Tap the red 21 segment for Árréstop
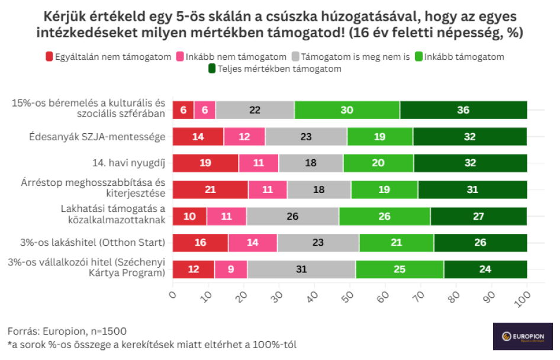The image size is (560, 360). tap(210, 189)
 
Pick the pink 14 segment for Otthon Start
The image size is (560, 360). tap(253, 243)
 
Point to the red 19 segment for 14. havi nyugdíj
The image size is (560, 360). tap(205, 163)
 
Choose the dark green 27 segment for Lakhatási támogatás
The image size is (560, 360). tap(478, 216)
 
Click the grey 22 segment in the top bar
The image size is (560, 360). tap(255, 110)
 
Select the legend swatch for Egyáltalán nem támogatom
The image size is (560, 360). tap(49, 57)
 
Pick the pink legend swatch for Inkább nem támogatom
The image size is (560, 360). tap(179, 57)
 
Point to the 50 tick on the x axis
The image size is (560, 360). tap(349, 294)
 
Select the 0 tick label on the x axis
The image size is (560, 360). tap(173, 294)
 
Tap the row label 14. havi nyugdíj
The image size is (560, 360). tap(128, 163)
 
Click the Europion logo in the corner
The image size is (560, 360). tap(519, 336)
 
